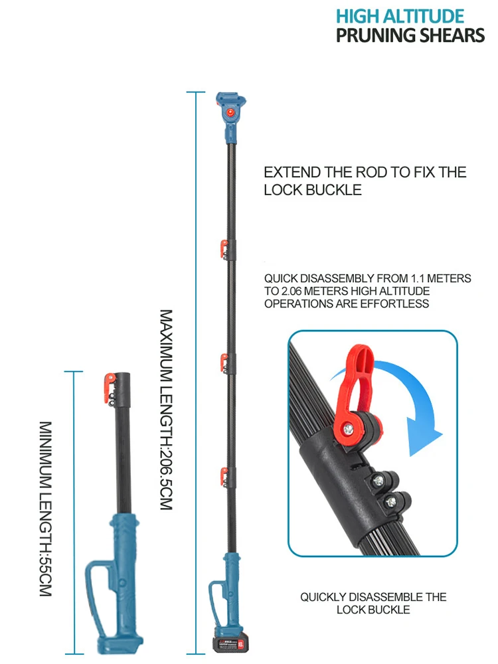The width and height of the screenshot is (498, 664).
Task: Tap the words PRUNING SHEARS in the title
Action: (410, 35)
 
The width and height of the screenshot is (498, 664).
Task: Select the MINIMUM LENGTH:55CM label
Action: (45, 508)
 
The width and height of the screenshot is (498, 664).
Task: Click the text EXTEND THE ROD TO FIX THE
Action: (365, 173)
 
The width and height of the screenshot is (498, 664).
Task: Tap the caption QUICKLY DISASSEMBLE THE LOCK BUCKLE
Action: (373, 603)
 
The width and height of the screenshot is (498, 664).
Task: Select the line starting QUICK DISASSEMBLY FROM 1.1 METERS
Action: (367, 279)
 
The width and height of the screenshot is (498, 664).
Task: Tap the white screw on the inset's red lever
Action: (346, 430)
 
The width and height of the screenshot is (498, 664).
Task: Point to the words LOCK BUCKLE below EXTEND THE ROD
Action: (313, 190)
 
